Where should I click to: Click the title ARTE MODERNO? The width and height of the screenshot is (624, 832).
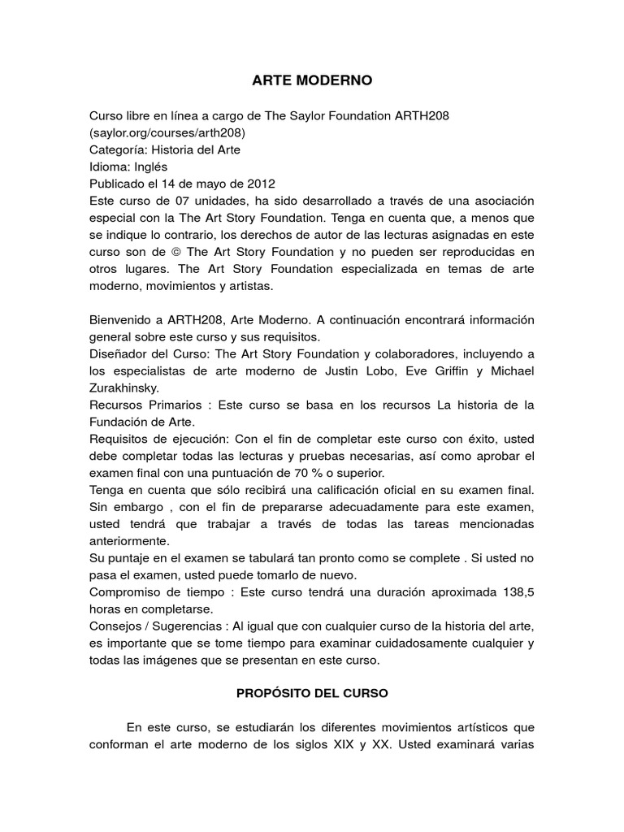coord(312,81)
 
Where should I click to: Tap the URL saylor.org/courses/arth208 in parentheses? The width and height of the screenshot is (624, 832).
coord(167,132)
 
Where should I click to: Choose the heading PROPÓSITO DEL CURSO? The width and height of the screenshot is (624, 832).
coord(312,695)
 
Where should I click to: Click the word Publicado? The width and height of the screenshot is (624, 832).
coord(119,184)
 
